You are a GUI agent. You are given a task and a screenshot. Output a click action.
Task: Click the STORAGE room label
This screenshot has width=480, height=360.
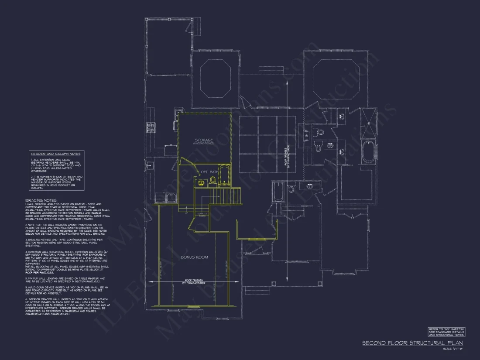[x=204, y=141]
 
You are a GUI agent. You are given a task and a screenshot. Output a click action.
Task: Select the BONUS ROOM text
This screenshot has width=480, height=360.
[x=194, y=257]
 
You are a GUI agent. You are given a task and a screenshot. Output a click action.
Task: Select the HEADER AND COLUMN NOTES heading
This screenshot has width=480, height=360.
[x=55, y=154]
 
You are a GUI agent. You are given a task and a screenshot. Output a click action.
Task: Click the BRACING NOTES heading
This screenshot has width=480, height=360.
[x=41, y=200]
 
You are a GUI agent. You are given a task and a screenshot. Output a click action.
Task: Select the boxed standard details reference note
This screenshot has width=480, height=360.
[x=446, y=332]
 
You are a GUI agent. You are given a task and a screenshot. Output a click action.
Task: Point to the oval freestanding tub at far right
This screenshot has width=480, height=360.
[x=368, y=152]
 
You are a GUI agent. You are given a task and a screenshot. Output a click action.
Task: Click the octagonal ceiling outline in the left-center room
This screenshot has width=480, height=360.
[x=215, y=79]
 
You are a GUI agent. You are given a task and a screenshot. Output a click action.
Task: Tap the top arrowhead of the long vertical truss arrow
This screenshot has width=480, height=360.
[x=287, y=81]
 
